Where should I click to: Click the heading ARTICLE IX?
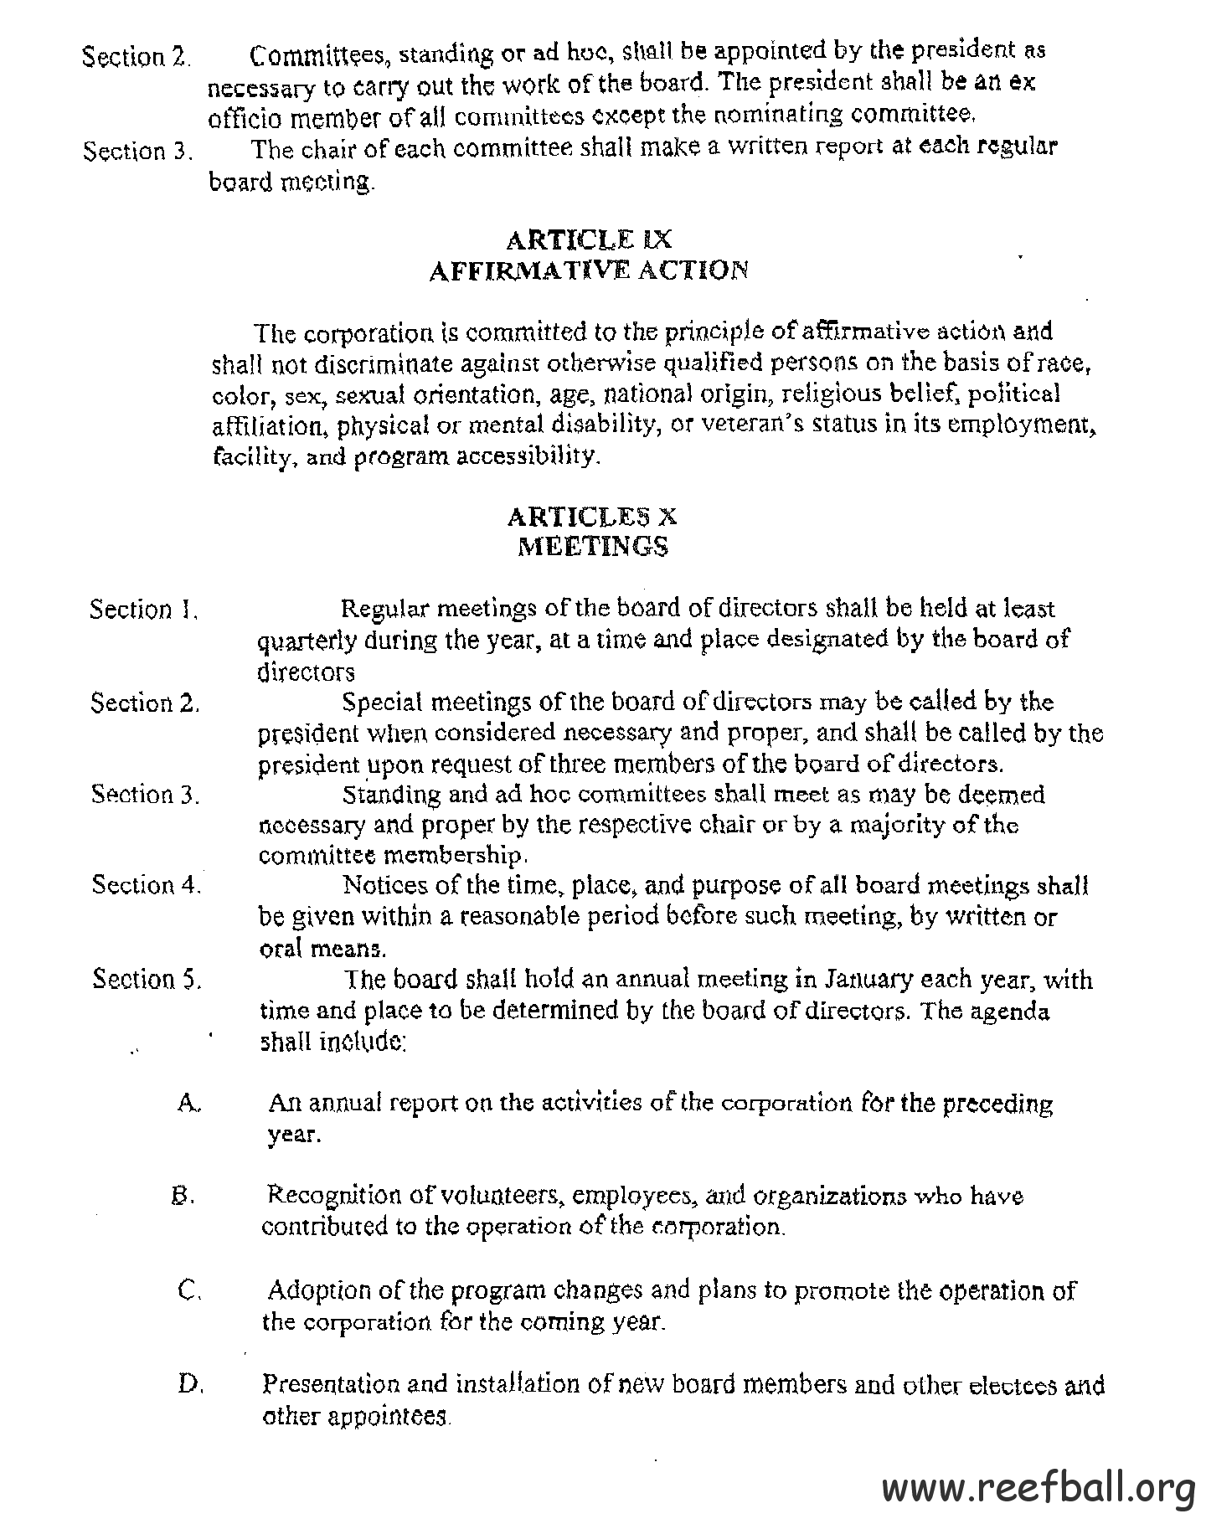(x=589, y=240)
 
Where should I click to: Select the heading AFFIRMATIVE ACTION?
(x=588, y=271)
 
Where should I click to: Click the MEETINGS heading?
(x=593, y=547)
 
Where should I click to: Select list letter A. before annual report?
(x=188, y=1103)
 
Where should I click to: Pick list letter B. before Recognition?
(x=183, y=1196)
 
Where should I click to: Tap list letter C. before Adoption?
(x=189, y=1290)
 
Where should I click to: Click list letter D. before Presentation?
(x=190, y=1383)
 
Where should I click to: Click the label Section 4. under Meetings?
(x=146, y=885)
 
